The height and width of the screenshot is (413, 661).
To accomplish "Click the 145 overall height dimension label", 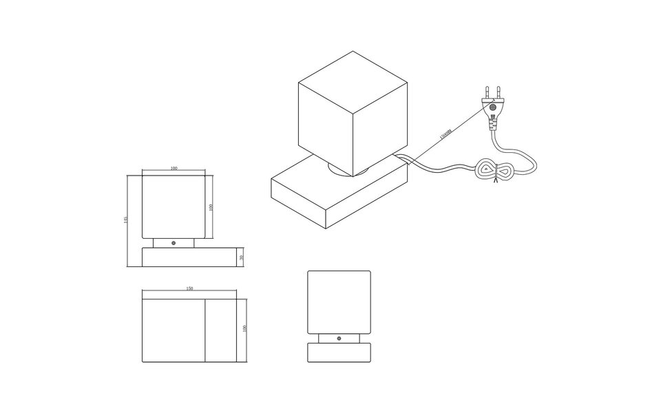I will point(126,220).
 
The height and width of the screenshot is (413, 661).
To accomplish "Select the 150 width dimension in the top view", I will point(189,289).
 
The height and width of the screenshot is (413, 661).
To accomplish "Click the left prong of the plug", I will point(487,92).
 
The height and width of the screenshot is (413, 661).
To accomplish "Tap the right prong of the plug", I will point(497,90).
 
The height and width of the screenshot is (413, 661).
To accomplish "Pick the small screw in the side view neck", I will point(174,243).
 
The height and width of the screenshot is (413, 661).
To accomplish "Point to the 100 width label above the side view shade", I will point(174,168).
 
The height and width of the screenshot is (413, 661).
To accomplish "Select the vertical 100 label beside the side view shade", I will point(211,206).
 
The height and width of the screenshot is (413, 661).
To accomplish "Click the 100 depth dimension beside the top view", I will point(244,329).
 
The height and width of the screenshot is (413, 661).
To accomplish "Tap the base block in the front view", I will point(339,352).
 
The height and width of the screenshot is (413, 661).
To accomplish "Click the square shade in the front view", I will point(339,301).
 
